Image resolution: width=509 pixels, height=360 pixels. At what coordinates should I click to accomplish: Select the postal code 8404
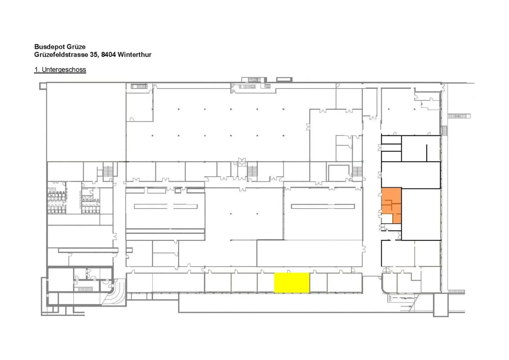(108, 55)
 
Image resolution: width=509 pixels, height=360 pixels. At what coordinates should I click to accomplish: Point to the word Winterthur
(135, 55)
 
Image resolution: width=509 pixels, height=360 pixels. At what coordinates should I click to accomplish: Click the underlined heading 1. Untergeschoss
(60, 70)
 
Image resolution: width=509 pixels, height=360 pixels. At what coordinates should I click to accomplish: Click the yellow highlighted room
(292, 283)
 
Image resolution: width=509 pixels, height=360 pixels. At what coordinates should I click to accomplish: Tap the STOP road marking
(390, 298)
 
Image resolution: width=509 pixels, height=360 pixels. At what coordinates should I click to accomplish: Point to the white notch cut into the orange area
(387, 219)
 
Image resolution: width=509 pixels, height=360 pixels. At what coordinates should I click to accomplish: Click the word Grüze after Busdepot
(76, 47)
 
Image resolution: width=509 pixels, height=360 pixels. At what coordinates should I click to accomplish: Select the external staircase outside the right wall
(459, 116)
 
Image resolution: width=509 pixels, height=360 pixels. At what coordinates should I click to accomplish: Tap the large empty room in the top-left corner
(86, 122)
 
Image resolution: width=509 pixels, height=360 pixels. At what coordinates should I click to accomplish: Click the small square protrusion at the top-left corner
(43, 86)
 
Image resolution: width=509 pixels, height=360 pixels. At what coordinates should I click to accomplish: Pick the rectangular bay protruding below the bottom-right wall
(441, 305)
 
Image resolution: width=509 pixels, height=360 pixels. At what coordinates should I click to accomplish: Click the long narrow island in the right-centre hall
(323, 206)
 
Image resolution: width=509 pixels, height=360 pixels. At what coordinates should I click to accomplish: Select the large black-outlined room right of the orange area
(421, 214)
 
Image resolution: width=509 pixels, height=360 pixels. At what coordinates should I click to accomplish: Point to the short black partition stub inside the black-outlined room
(427, 153)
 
